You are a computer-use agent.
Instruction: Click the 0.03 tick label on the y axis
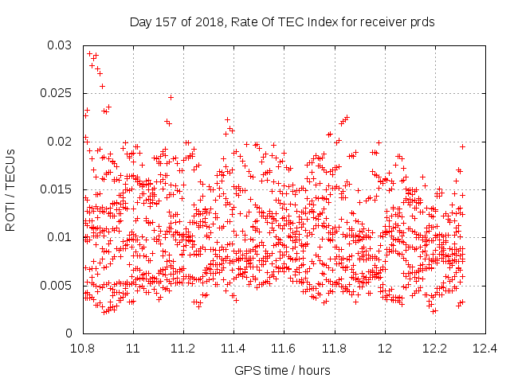click(x=59, y=45)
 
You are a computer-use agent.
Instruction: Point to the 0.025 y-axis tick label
click(x=56, y=93)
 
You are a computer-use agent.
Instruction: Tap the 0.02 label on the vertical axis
click(x=59, y=142)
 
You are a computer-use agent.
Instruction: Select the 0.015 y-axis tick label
click(x=56, y=189)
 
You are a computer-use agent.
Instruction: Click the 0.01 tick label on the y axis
click(x=59, y=237)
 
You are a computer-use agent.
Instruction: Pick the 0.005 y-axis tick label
click(x=56, y=286)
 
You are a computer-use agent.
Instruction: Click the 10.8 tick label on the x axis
click(x=83, y=349)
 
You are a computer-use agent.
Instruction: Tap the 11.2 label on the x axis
click(x=183, y=349)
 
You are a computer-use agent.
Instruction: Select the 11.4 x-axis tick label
click(x=233, y=349)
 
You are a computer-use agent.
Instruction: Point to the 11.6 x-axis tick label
click(x=284, y=349)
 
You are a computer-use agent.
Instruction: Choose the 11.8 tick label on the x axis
click(x=334, y=349)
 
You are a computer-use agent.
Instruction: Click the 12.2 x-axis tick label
click(x=434, y=349)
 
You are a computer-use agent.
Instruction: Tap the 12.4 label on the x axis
click(x=485, y=349)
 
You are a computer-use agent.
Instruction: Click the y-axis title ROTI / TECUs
click(x=10, y=190)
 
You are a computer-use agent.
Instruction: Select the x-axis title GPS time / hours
click(x=282, y=371)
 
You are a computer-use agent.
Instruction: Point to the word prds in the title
click(x=422, y=23)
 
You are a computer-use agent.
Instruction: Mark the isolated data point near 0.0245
click(x=171, y=97)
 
